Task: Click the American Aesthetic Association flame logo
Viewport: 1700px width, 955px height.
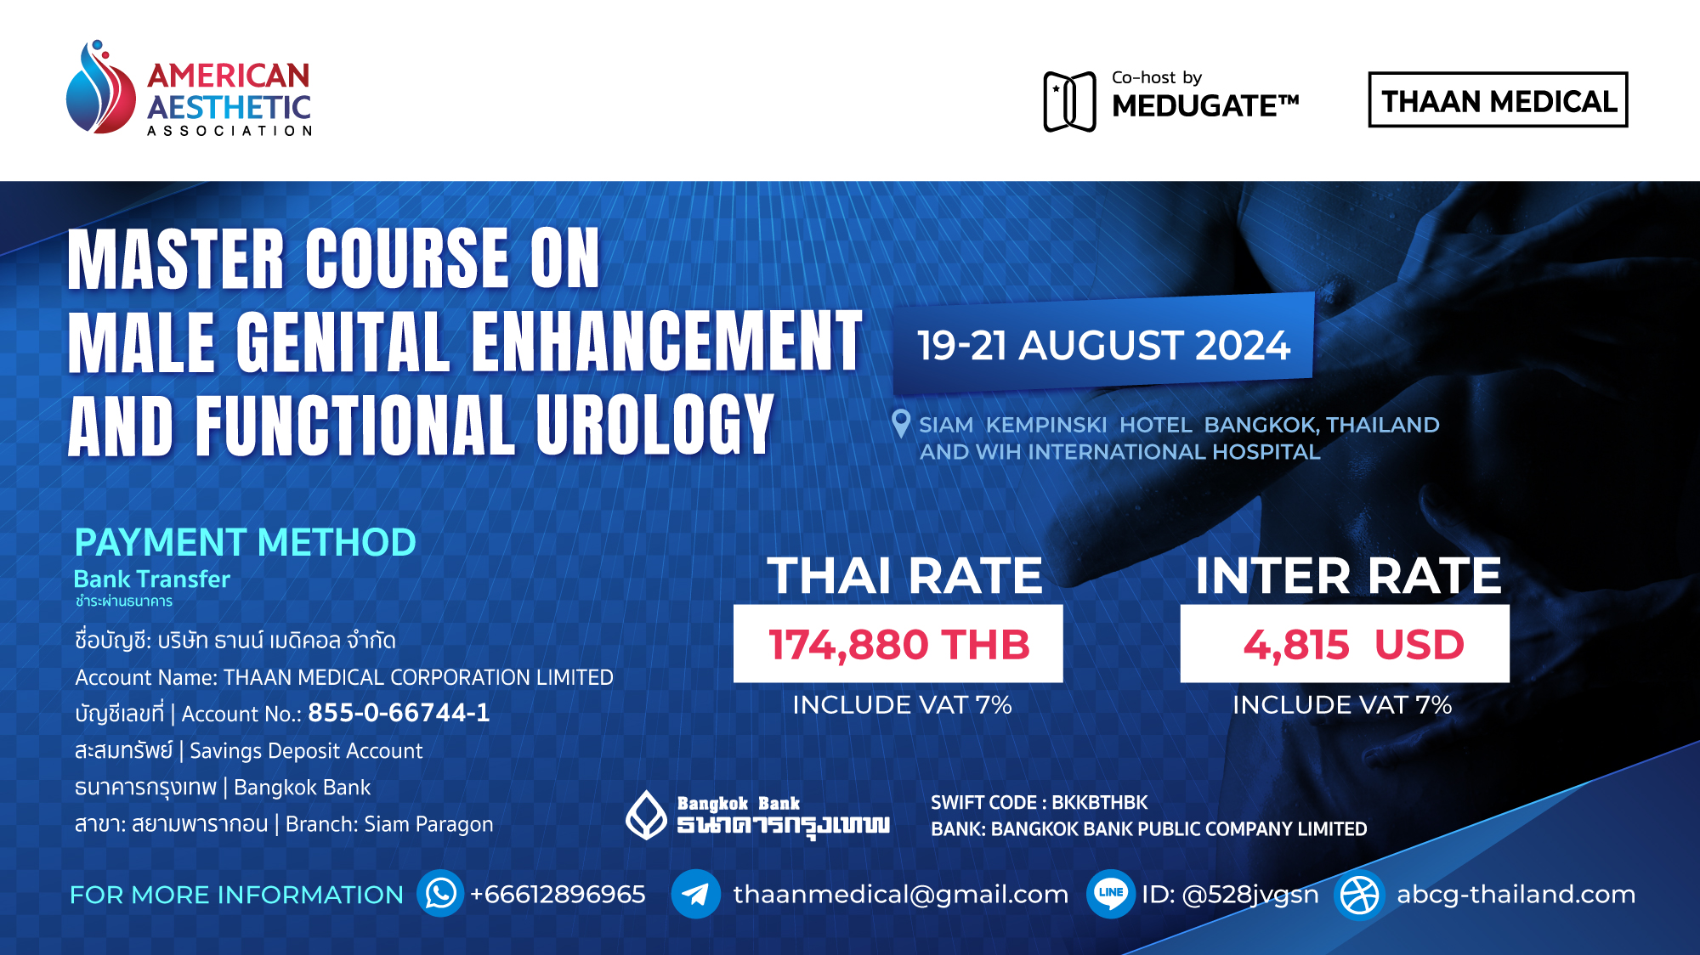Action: pos(100,88)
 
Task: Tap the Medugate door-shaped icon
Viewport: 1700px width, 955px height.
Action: pos(1069,102)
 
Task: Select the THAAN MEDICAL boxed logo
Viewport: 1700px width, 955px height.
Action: pos(1498,100)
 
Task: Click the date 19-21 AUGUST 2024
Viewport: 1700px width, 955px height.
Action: pos(1103,346)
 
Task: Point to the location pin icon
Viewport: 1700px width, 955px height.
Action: pos(901,423)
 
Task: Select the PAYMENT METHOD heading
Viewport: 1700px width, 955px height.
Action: pos(245,542)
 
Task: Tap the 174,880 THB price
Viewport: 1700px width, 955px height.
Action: pos(898,644)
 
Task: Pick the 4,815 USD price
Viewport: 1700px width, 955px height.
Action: pos(1353,644)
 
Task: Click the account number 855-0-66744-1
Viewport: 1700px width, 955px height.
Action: pos(399,713)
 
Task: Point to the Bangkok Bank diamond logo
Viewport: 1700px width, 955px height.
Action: pos(647,815)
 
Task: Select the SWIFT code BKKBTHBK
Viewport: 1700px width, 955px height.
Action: pos(1099,803)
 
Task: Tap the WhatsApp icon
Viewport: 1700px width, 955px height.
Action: pos(440,894)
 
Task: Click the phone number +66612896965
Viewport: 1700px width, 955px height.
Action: pos(558,895)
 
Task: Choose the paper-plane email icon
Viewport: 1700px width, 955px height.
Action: pos(695,894)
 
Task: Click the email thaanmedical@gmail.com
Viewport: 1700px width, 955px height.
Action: pos(900,895)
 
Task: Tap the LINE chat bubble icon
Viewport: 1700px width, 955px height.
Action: pos(1110,894)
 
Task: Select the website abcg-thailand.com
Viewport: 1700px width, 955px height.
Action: pos(1516,895)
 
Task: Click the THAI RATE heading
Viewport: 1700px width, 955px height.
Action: pos(904,576)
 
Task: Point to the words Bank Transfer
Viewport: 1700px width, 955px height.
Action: pos(151,579)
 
